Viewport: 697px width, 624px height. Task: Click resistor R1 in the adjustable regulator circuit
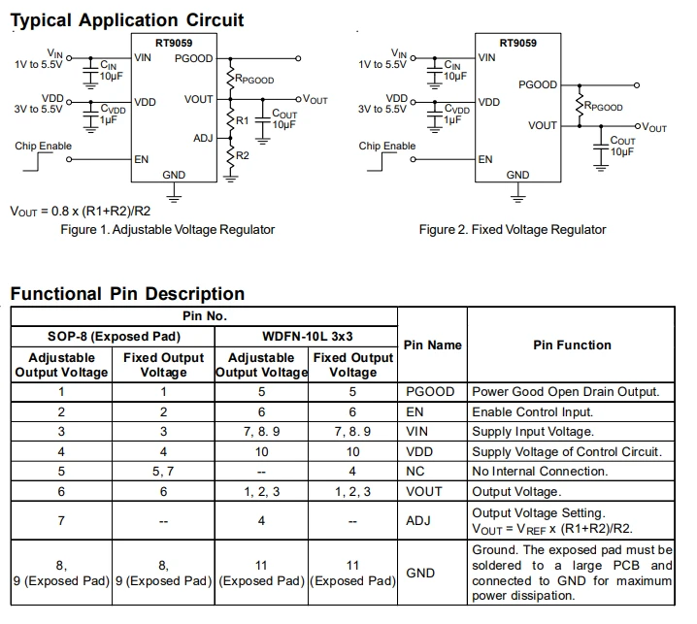230,119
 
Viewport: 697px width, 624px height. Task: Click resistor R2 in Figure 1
230,156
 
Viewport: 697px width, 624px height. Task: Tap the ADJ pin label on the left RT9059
203,138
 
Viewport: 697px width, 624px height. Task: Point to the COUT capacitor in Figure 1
263,121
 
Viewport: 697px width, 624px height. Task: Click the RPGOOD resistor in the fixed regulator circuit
580,106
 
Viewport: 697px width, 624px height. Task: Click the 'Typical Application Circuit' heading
127,20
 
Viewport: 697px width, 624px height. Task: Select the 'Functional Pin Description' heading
127,294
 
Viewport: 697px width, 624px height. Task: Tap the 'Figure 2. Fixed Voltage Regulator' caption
513,229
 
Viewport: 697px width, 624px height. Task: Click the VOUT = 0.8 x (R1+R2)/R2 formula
81,212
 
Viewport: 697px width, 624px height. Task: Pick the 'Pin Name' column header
433,345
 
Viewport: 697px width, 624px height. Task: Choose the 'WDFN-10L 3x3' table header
307,337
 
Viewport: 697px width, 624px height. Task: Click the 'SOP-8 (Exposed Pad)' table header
114,337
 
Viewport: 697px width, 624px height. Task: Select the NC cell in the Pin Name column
415,471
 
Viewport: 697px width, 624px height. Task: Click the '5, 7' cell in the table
163,471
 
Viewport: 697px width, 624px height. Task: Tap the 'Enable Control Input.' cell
533,412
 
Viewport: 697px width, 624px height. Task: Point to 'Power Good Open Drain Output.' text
565,391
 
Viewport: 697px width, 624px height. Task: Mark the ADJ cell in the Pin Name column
417,520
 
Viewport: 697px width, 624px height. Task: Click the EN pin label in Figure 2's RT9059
485,159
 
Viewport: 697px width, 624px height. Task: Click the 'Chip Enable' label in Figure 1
43,146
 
